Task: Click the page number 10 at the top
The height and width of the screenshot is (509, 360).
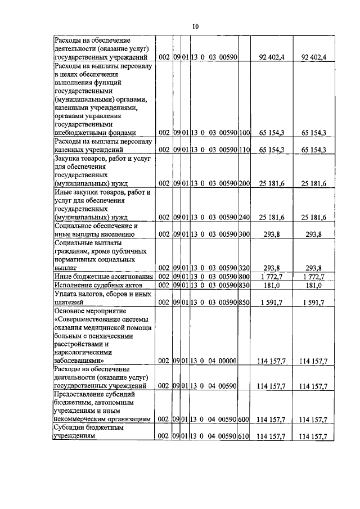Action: point(195,26)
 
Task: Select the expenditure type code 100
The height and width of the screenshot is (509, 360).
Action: point(244,133)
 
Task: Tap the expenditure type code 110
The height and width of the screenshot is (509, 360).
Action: point(244,150)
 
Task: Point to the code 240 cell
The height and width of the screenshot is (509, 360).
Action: point(244,217)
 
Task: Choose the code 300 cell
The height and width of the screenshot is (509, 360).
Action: point(244,234)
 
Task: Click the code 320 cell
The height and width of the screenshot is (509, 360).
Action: point(244,268)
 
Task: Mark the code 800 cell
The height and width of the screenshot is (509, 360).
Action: point(244,276)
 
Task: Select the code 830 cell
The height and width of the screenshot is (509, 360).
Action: point(244,285)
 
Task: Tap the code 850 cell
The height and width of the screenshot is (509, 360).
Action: point(244,302)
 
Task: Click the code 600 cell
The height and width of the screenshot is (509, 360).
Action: point(244,419)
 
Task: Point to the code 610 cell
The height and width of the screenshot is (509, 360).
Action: point(244,436)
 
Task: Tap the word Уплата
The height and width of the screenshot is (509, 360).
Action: point(66,294)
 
